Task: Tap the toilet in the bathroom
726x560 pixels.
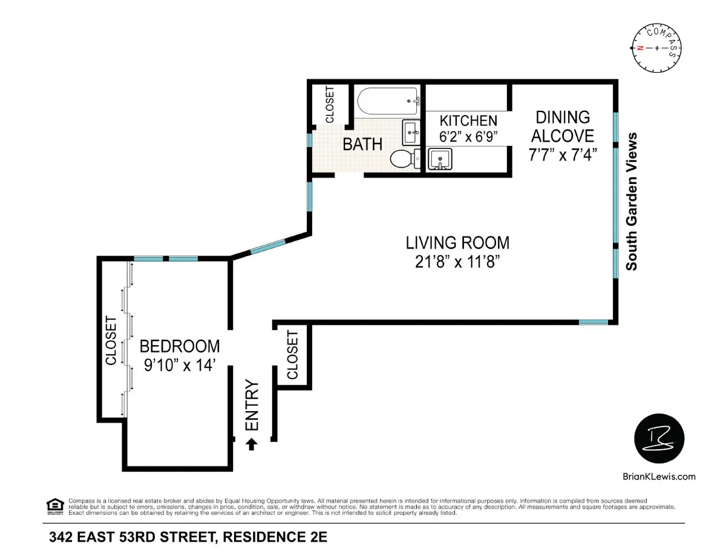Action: point(404,159)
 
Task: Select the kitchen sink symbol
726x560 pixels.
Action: point(440,159)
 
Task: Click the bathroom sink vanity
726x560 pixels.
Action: point(411,131)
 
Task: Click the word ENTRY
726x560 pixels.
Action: point(252,406)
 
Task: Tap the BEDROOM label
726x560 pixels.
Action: point(180,346)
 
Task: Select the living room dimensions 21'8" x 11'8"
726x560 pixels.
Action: point(457,262)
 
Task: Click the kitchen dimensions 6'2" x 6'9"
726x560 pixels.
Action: point(468,136)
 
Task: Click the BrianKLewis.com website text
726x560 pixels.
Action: point(659,476)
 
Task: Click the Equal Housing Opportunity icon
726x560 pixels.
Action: point(54,506)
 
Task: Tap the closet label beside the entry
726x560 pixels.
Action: point(293,355)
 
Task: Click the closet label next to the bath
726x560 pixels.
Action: point(330,105)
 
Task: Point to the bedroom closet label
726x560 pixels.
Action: point(111,341)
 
